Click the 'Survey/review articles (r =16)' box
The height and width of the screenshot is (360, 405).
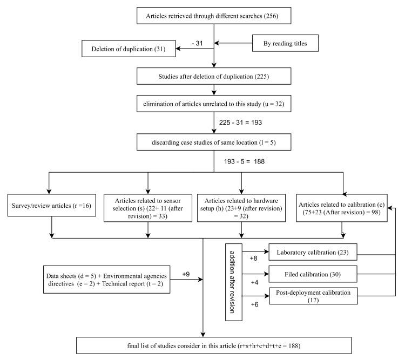tap(52, 206)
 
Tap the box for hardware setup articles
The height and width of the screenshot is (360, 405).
tap(241, 206)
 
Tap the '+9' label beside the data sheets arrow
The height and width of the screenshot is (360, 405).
tap(186, 274)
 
